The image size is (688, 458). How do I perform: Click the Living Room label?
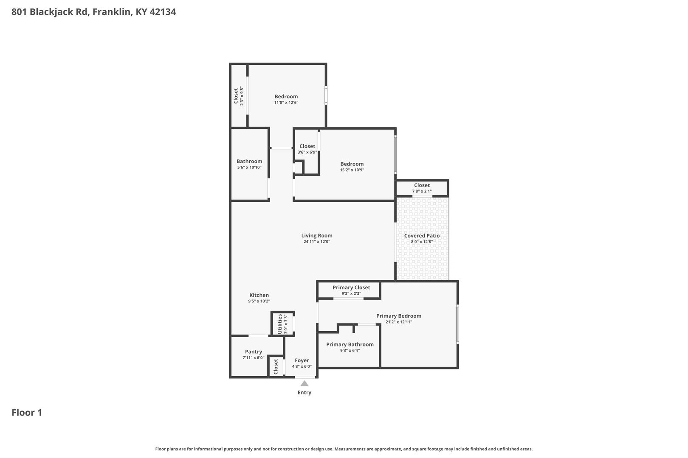317,236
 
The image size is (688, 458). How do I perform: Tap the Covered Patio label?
422,236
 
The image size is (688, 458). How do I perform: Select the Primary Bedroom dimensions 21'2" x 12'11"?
399,322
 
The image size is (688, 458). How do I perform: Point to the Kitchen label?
259,295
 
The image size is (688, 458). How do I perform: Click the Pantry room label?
254,352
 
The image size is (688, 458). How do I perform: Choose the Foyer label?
302,360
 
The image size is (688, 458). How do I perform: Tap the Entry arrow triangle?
304,383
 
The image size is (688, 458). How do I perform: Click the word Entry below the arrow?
305,392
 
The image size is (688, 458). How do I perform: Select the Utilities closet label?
279,324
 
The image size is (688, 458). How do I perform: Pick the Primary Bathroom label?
350,344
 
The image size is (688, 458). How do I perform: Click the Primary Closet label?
351,288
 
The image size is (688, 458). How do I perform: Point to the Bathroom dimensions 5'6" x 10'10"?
249,167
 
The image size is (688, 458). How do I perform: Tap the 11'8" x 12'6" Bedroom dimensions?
286,103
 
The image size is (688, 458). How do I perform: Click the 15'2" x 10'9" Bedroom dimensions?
352,170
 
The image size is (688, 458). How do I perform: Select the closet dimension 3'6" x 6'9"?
307,152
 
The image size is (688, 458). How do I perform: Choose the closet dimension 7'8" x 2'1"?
422,191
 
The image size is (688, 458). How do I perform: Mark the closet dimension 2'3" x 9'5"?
242,96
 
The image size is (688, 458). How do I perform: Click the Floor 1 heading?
27,413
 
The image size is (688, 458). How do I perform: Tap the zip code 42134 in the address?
163,11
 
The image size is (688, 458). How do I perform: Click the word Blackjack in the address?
58,12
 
